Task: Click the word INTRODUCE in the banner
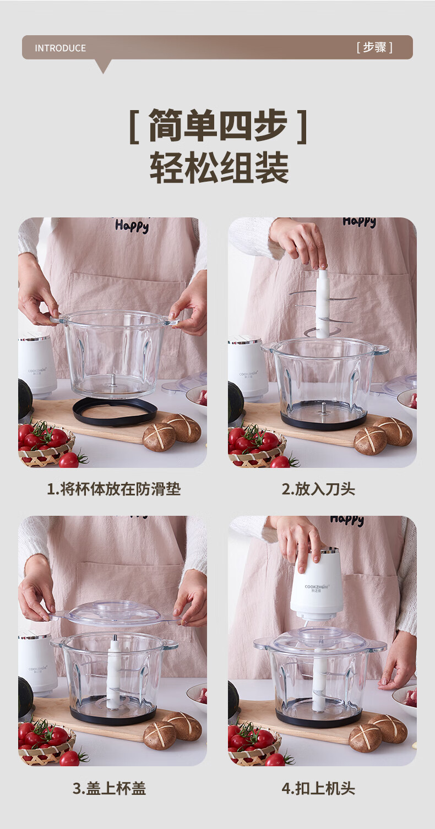[x=61, y=48]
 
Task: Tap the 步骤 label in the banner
[x=374, y=47]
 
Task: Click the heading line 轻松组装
[x=219, y=167]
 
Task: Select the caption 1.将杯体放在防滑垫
[x=113, y=489]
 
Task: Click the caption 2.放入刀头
[x=318, y=489]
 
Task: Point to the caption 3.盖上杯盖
[x=109, y=789]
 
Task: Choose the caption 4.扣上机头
[x=318, y=789]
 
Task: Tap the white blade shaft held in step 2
[x=322, y=303]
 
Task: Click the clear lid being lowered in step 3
[x=115, y=614]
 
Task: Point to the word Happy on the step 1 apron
[x=132, y=225]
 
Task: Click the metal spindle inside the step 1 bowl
[x=112, y=380]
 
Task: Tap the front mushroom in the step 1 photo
[x=159, y=437]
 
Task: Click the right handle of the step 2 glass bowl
[x=379, y=350]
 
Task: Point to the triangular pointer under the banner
[x=104, y=66]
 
